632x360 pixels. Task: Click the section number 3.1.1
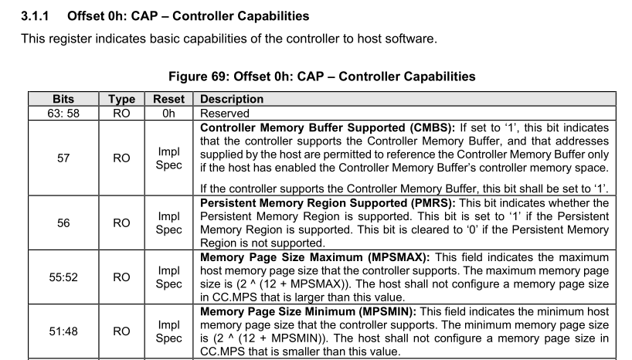(36, 15)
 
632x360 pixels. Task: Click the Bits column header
(63, 99)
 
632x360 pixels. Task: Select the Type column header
(121, 99)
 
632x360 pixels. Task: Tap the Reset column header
(168, 99)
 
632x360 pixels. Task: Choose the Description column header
(232, 99)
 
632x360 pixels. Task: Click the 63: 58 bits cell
(63, 112)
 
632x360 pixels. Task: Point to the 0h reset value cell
(168, 112)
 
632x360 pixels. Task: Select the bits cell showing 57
(63, 158)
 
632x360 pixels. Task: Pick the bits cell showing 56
(63, 222)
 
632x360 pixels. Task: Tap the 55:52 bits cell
(63, 277)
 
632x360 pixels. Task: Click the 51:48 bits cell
(63, 331)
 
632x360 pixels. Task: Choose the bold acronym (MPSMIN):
(388, 311)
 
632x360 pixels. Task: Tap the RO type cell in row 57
(121, 158)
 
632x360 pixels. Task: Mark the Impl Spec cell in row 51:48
(168, 331)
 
